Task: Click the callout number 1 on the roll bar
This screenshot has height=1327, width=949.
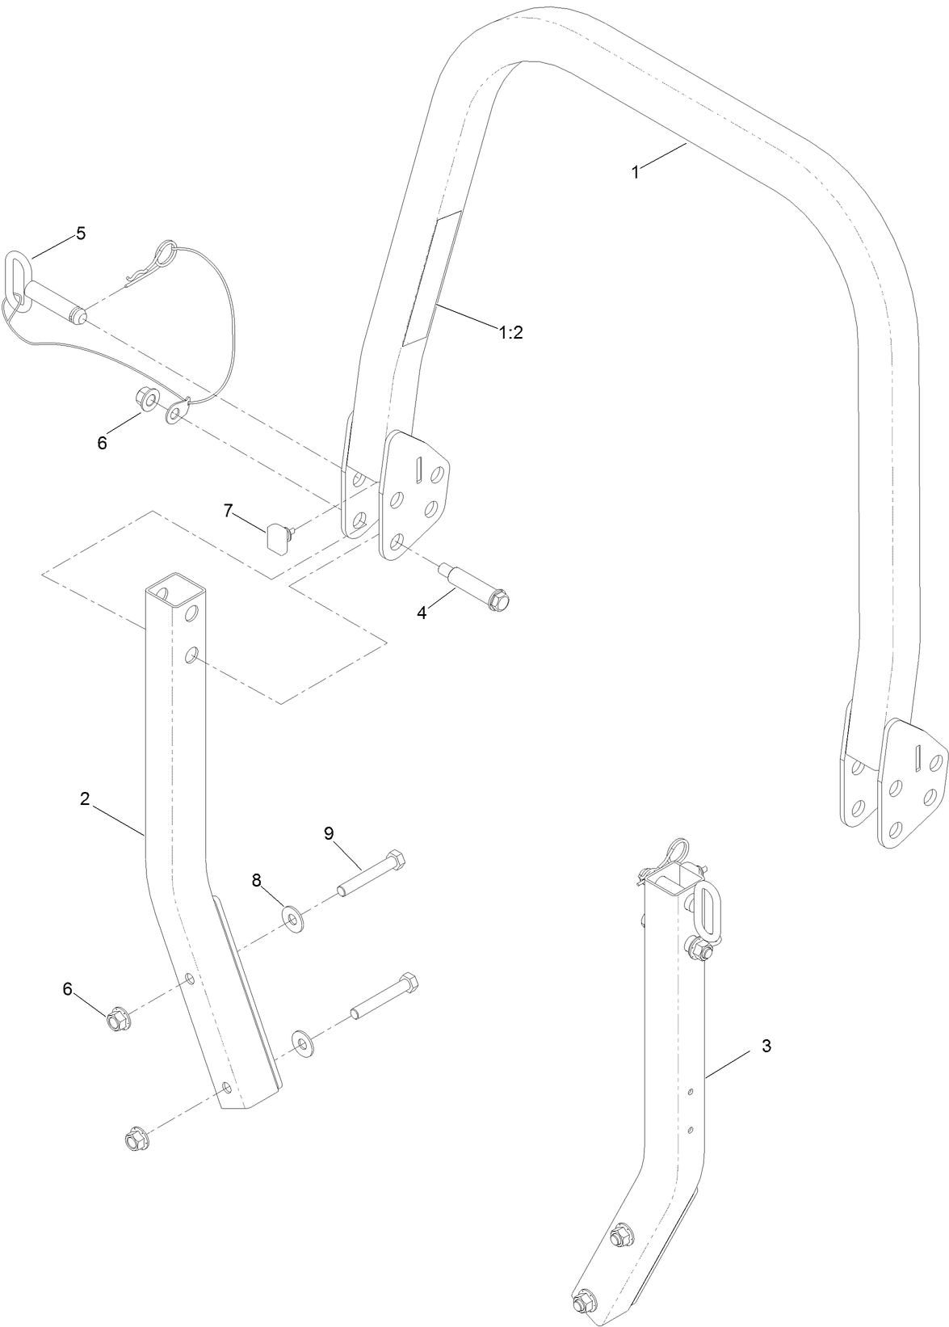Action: (x=636, y=172)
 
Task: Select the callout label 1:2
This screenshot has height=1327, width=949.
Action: (x=510, y=332)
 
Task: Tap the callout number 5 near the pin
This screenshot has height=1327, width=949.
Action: (x=80, y=233)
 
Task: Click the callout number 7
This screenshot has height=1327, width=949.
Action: (x=229, y=511)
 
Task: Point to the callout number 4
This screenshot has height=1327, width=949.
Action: (x=422, y=613)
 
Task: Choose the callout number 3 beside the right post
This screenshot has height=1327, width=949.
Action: (x=766, y=1046)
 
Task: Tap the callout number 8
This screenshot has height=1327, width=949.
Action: (x=257, y=881)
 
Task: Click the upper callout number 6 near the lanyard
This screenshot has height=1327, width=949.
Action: (x=102, y=444)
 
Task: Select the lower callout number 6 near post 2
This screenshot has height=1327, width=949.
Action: (x=68, y=988)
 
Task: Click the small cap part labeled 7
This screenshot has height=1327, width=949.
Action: (x=277, y=534)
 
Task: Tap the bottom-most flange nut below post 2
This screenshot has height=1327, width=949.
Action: (x=133, y=1142)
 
